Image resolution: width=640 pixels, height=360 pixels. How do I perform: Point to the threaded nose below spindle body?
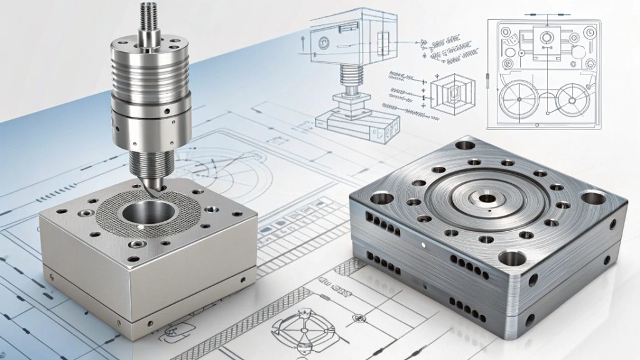coord(149,160)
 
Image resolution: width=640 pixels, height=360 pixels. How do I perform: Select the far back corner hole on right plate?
coord(465,145)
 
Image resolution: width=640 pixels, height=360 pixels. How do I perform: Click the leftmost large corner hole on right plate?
coord(380,199)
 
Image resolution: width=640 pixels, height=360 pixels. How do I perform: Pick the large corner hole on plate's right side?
coord(593,198)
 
